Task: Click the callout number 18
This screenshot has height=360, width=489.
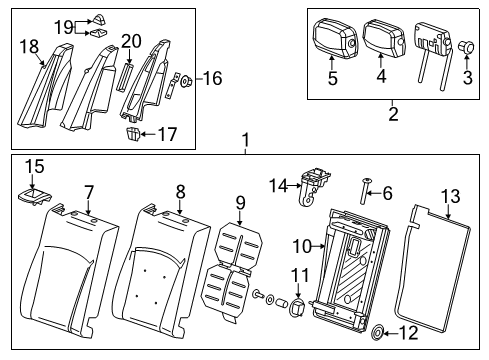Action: [28, 45]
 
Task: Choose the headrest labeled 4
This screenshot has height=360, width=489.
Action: [384, 38]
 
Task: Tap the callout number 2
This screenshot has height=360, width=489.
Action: [392, 115]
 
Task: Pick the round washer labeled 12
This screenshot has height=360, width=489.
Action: [382, 333]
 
